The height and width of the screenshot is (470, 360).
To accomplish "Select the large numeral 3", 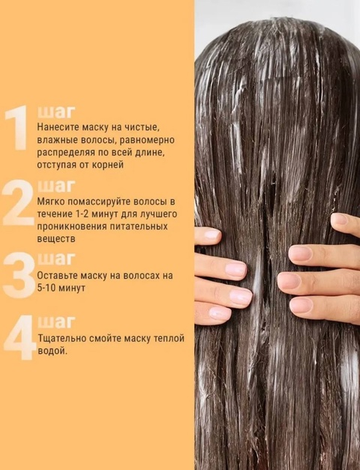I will coord(18,276).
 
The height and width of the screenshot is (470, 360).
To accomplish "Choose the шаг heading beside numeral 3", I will coord(55,259).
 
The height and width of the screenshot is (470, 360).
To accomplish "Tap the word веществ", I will coord(57,238).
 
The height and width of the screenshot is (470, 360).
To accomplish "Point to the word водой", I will coord(52,350).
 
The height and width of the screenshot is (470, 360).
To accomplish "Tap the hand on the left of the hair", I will coord(222,274).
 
